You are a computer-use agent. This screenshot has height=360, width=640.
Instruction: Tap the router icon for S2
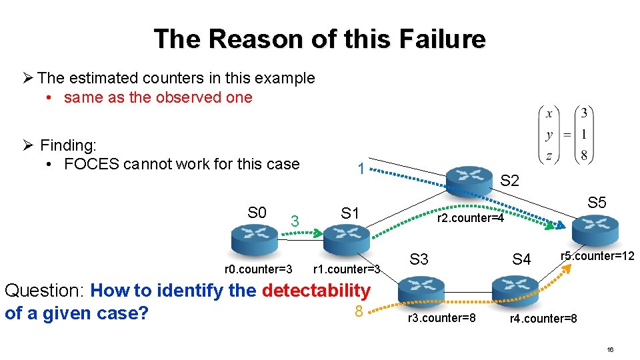[469, 178]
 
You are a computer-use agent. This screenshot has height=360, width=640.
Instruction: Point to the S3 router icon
[421, 290]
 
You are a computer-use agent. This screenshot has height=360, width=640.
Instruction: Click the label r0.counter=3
[258, 269]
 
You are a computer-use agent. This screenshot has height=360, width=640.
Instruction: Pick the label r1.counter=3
[346, 269]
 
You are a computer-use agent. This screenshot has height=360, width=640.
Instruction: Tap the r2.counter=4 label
[471, 218]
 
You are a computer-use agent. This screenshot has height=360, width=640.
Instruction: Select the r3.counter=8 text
[441, 318]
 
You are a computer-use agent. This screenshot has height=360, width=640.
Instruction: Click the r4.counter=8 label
[543, 319]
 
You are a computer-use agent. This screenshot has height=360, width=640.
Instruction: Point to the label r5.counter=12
[597, 256]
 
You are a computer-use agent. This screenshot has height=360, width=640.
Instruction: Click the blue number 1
[360, 169]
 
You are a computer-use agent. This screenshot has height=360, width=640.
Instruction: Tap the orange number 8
[358, 312]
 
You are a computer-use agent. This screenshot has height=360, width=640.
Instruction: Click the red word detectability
[316, 291]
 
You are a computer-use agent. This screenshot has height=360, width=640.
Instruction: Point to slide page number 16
[610, 350]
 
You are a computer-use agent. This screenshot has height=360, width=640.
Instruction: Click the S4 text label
[521, 259]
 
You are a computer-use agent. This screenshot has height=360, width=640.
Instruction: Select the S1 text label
[350, 213]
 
